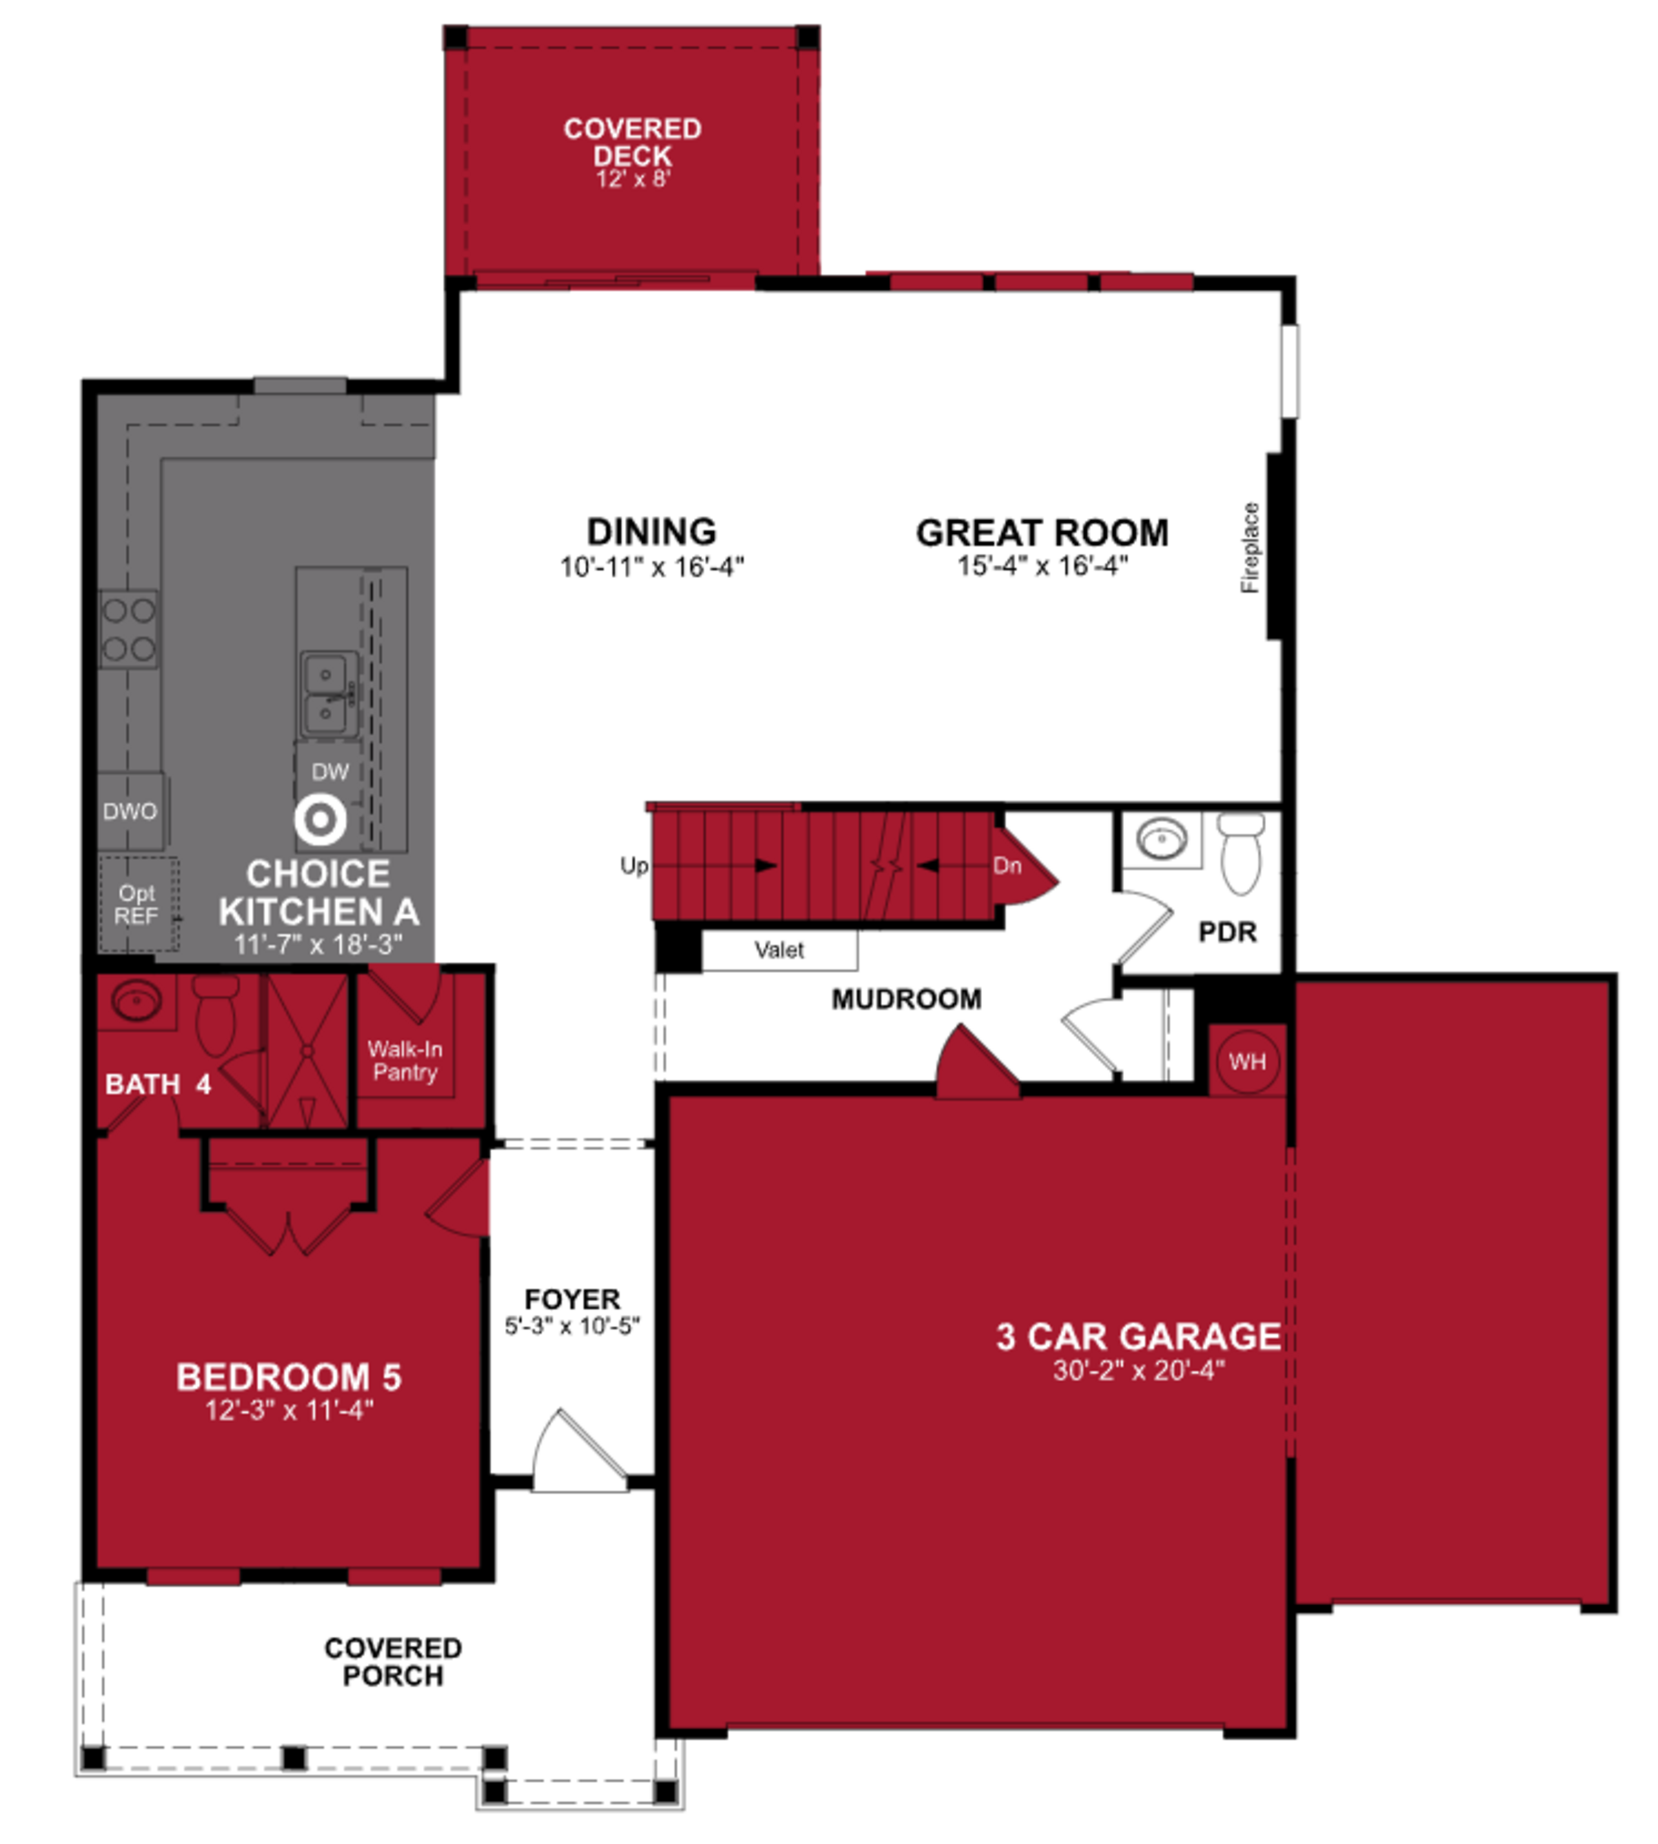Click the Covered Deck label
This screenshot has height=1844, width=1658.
tap(632, 141)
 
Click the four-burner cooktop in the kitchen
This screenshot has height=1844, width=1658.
tap(128, 629)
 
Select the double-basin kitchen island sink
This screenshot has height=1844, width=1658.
tap(325, 694)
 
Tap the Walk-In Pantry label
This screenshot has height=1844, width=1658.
tap(405, 1060)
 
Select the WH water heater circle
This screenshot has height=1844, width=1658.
tap(1247, 1061)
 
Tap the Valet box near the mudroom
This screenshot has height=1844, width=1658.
tap(779, 950)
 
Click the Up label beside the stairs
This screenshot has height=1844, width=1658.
tap(633, 865)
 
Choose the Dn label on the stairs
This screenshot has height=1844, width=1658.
tap(1006, 865)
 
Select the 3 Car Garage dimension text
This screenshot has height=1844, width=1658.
tap(1139, 1370)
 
